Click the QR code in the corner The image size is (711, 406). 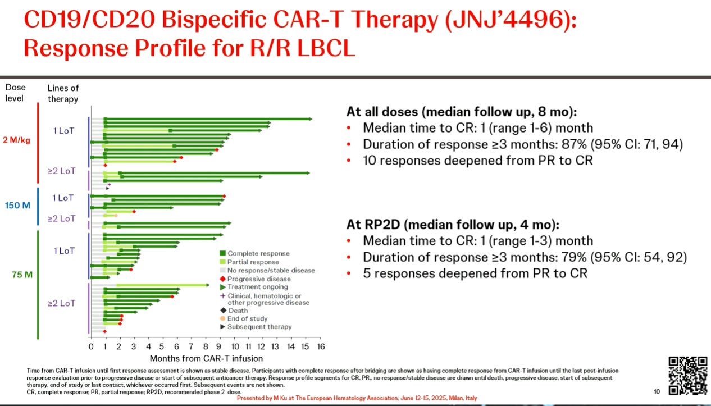coord(688,376)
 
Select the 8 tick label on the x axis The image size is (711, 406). coord(206,346)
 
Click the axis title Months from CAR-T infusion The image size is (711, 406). coord(206,358)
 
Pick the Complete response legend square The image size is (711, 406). coord(223,253)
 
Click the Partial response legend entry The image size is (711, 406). coord(250,262)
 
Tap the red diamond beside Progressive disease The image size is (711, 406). coord(223,279)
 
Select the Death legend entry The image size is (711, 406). coord(234,311)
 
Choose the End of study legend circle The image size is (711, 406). coord(223,318)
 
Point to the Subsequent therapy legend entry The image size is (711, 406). coord(256,327)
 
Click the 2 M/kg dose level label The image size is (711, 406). coord(16,140)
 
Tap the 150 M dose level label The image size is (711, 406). coord(17,206)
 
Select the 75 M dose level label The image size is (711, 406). coord(22,275)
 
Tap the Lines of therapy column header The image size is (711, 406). coord(63,93)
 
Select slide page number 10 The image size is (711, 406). coord(657,391)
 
